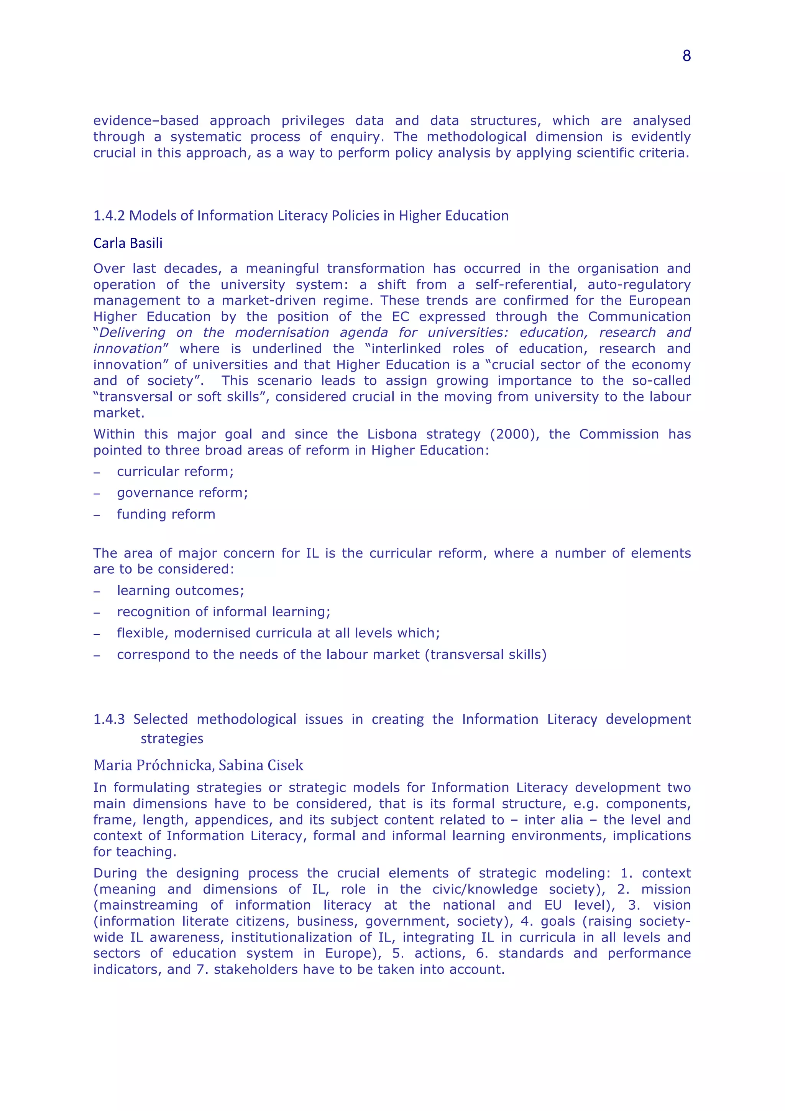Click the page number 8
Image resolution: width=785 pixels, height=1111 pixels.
686,56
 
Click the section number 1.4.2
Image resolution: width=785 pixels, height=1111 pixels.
109,216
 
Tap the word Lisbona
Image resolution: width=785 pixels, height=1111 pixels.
392,434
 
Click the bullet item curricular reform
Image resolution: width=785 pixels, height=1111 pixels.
175,471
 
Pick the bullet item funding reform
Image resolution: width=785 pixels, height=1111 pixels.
166,514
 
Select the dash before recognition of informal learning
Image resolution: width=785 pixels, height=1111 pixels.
97,612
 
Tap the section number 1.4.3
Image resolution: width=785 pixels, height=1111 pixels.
109,719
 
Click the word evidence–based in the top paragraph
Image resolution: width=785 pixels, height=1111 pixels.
146,120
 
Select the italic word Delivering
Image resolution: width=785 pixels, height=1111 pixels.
132,333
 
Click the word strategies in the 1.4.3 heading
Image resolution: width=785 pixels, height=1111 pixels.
172,739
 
